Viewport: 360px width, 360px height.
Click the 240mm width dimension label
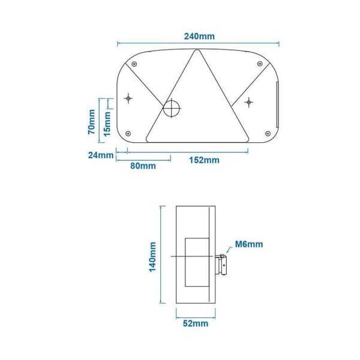(199, 36)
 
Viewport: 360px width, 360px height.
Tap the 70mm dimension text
(90, 121)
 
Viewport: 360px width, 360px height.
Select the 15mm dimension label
(106, 124)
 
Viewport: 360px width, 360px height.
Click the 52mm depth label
(195, 324)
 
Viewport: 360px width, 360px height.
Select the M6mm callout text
(248, 244)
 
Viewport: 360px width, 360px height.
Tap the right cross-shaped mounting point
(248, 103)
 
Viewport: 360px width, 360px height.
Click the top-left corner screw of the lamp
(135, 64)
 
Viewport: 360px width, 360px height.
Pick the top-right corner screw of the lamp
(259, 64)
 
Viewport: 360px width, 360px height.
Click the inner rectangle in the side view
(196, 262)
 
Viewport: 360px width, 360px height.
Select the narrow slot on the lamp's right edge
(277, 106)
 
